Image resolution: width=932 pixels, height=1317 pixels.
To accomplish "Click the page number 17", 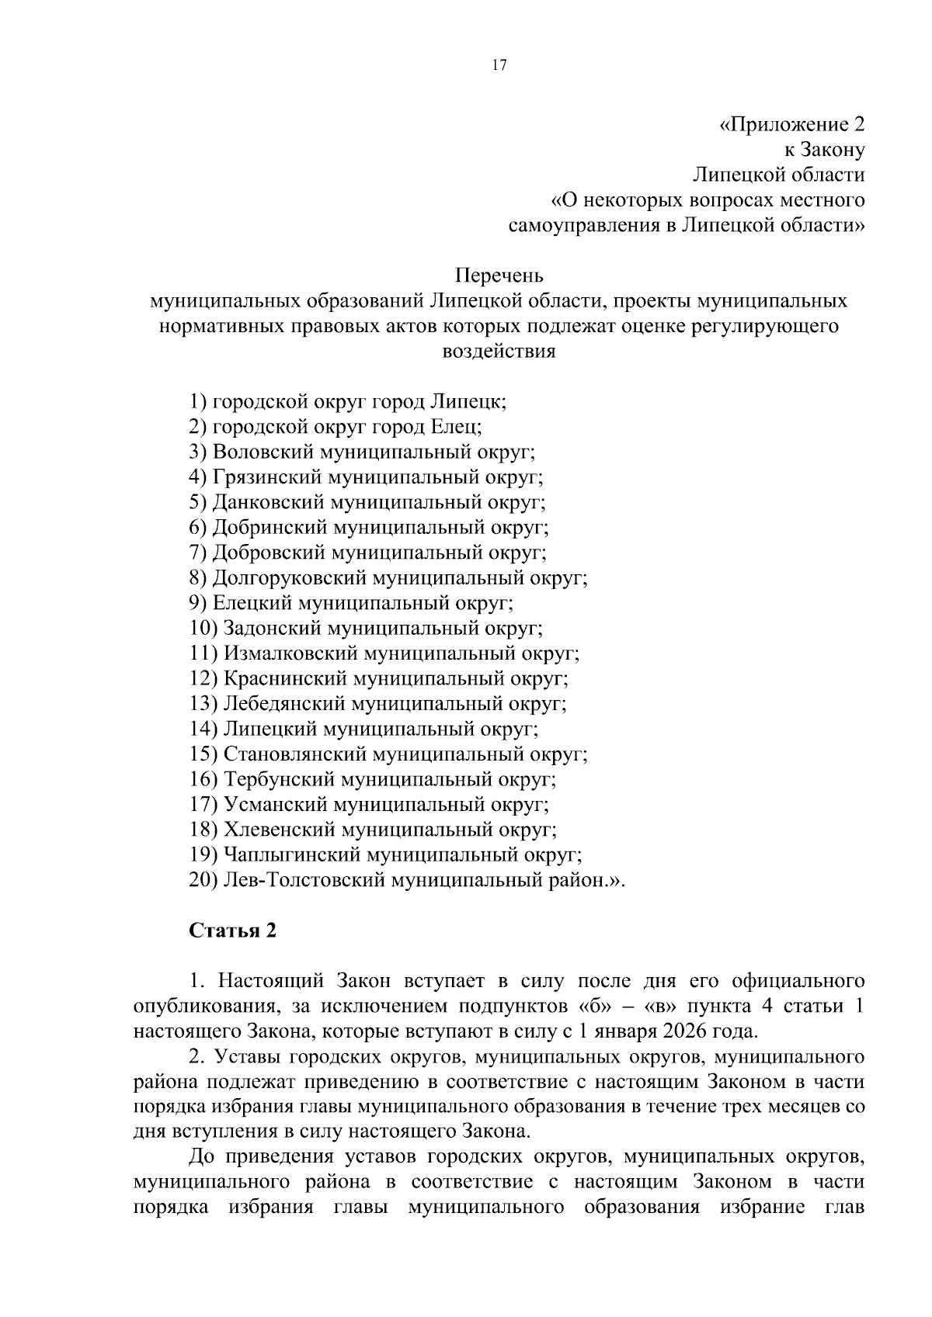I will pos(499,65).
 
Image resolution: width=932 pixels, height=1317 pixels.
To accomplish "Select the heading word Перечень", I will pos(499,276).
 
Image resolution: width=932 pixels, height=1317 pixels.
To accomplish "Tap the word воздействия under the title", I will pos(499,352).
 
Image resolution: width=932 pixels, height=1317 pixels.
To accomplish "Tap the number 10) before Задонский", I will pos(203,629).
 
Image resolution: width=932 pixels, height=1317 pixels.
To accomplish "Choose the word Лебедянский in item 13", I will pos(284,704).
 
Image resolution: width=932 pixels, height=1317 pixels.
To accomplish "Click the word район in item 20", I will pos(576,881).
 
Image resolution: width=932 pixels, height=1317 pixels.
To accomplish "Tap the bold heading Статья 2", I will pos(233,931).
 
